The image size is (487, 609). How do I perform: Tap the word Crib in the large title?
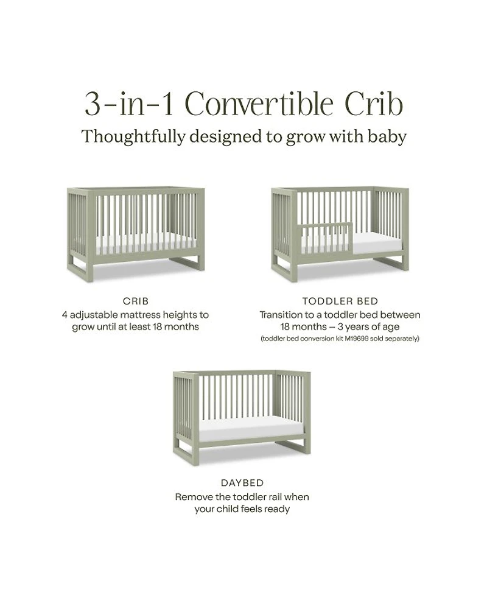374,104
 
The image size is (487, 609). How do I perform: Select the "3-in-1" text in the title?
129,104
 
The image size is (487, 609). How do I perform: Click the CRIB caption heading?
136,301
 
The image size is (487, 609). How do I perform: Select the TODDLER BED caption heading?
340,301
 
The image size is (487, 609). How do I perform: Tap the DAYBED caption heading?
242,483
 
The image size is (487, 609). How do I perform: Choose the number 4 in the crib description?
65,315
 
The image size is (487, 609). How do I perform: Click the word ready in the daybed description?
276,509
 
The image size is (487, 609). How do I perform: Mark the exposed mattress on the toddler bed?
377,243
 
